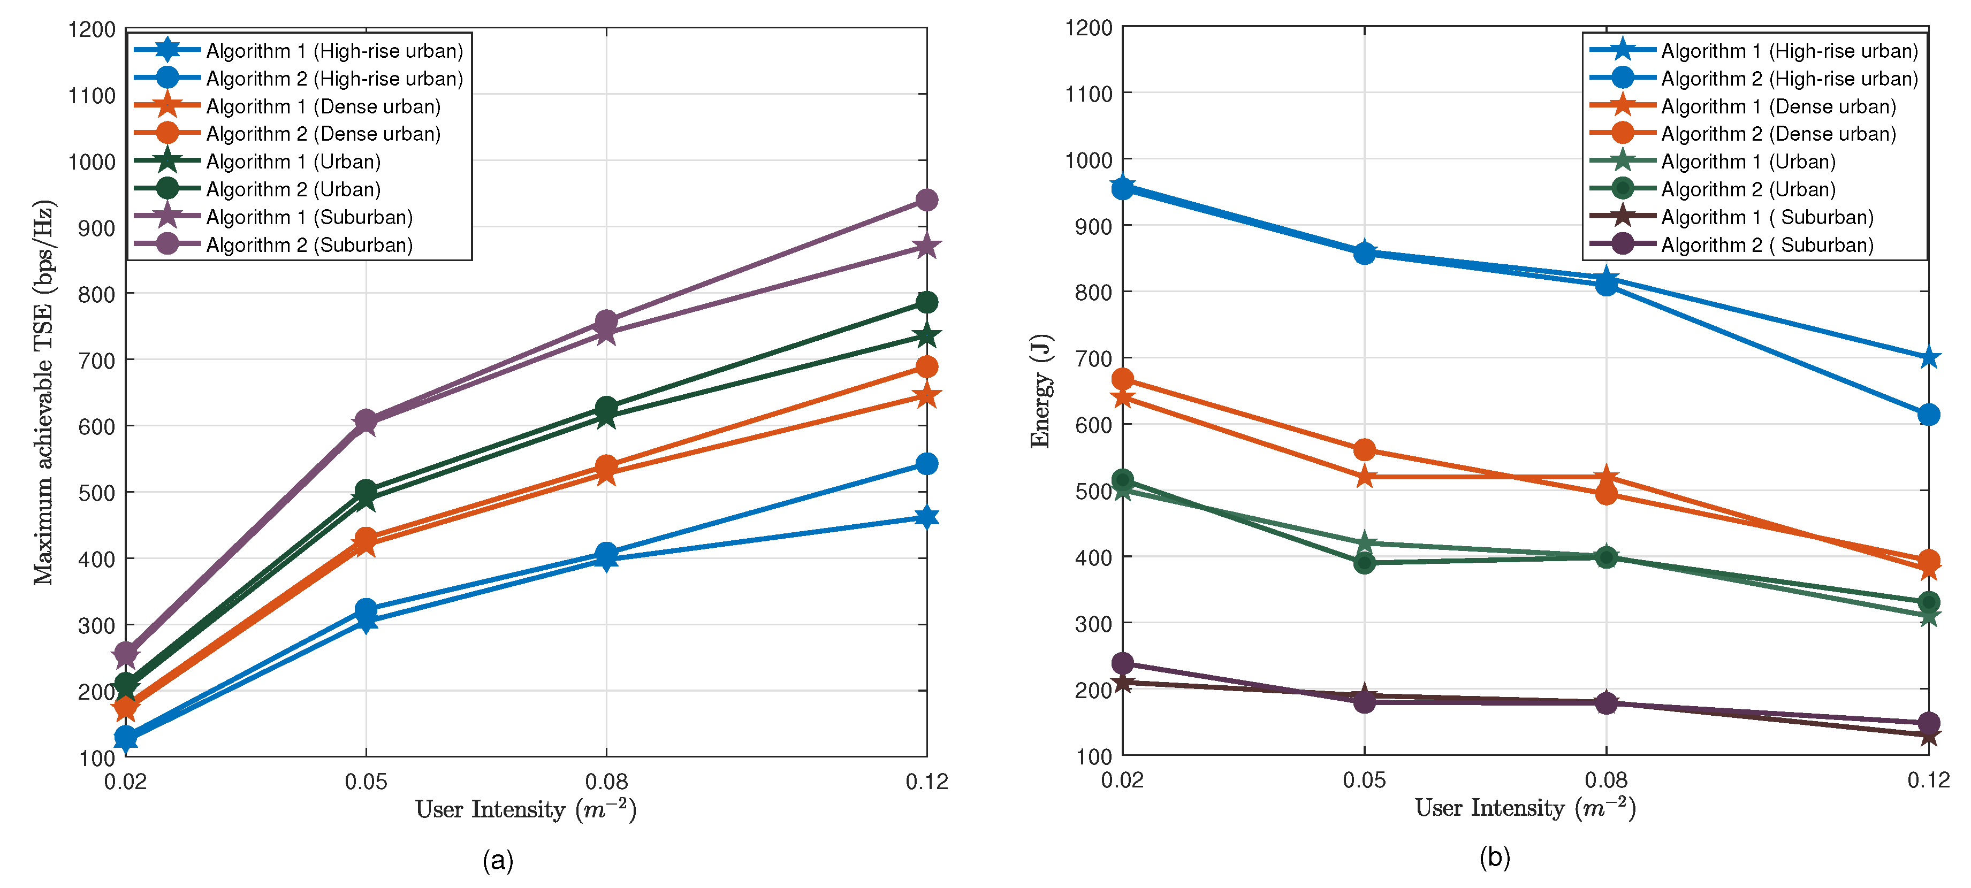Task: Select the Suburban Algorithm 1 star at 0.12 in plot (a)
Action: (x=926, y=246)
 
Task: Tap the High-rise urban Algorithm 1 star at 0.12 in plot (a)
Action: (x=926, y=517)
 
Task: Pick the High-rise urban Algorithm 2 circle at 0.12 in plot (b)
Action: (x=1928, y=415)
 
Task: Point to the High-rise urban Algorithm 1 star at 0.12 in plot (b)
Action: (x=1928, y=357)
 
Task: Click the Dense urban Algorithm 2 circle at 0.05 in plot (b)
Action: (x=1364, y=450)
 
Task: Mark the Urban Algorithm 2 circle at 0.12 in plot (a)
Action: (x=926, y=302)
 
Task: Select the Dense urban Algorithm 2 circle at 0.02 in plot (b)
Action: (x=1122, y=379)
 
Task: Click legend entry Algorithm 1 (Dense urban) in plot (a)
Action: (x=323, y=106)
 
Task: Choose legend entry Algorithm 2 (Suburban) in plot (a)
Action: (x=309, y=245)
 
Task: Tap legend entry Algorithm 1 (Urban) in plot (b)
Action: (x=1748, y=162)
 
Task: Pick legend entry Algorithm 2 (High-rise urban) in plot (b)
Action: (x=1789, y=78)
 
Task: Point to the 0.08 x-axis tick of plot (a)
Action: (x=606, y=781)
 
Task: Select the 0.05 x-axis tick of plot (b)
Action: (x=1364, y=779)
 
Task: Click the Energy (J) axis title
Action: (x=1040, y=390)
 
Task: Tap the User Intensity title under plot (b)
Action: (x=1524, y=808)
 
